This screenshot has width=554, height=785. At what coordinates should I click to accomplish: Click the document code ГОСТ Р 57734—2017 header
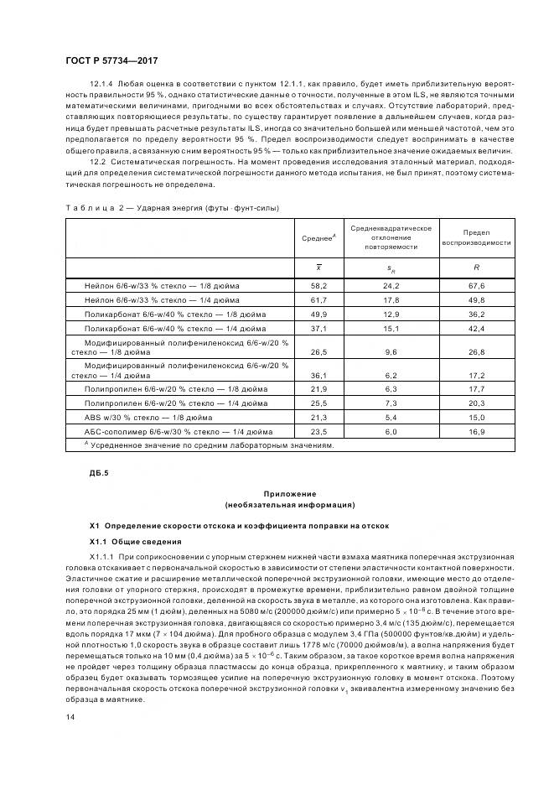tap(111, 61)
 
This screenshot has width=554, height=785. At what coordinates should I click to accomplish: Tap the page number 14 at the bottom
tap(70, 715)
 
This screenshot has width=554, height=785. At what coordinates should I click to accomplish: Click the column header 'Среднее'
tap(318, 238)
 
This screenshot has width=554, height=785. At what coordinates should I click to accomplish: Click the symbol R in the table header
tap(476, 267)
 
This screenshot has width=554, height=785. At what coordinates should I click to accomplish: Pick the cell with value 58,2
tap(318, 286)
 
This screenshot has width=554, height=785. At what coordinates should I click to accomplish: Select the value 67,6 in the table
tap(476, 286)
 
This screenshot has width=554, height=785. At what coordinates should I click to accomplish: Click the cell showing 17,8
tap(391, 299)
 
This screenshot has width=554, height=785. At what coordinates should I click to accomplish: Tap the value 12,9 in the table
tap(391, 314)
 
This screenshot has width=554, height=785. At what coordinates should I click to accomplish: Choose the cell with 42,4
tap(476, 328)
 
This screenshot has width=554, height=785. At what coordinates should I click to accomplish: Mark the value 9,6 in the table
tap(391, 352)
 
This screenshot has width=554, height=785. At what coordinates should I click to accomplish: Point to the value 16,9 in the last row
tap(476, 431)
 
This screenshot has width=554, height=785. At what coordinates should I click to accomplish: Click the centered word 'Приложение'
tap(289, 494)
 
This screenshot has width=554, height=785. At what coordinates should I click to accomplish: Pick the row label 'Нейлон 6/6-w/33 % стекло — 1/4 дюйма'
tap(162, 299)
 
